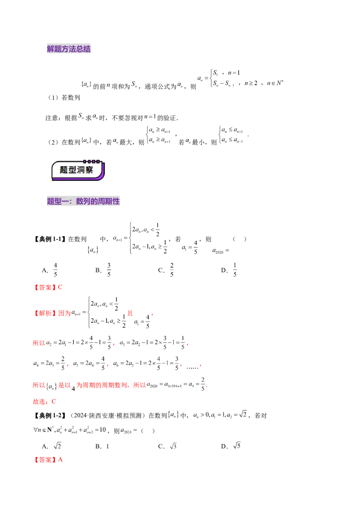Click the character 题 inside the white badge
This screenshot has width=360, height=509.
(64, 170)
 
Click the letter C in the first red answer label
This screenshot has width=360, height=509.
(59, 287)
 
